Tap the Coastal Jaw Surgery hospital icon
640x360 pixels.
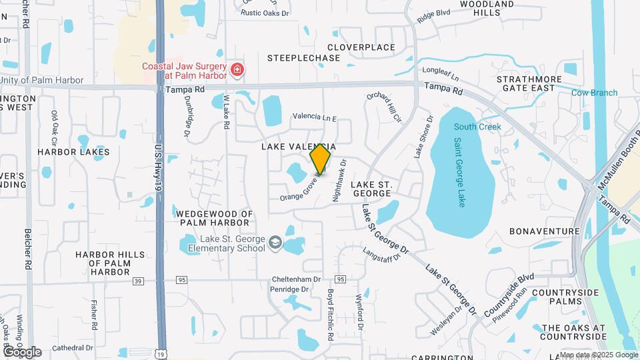[236, 70]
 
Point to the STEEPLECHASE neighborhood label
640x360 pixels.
[303, 58]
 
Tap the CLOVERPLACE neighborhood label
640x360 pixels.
[361, 47]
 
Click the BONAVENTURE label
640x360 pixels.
[544, 231]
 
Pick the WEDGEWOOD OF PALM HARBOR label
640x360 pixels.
[215, 218]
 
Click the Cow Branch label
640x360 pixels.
[594, 93]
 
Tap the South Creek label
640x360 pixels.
[477, 127]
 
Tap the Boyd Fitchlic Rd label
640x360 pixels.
[330, 310]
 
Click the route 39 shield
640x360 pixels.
[138, 281]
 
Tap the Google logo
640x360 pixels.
[21, 351]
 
